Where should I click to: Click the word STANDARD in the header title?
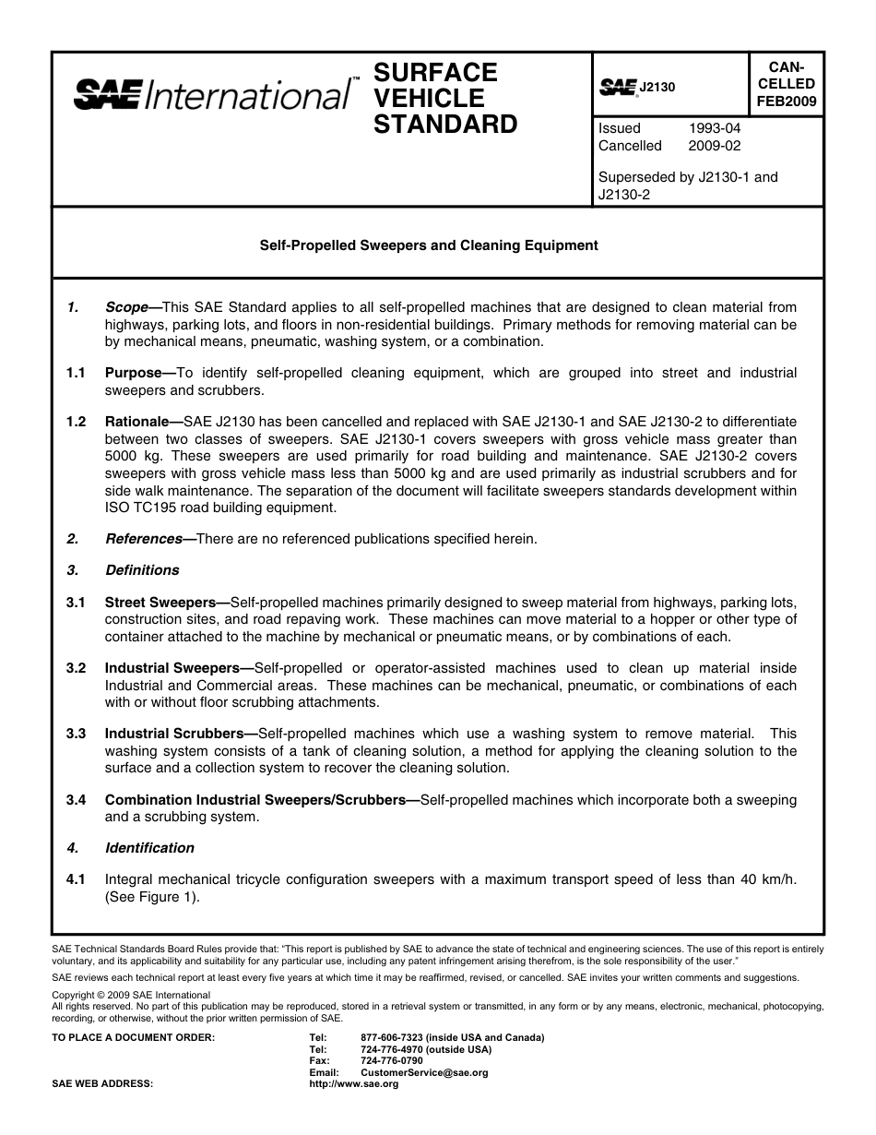[x=445, y=125]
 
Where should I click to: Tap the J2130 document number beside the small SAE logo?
[x=657, y=87]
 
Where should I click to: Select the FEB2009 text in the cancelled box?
[x=787, y=102]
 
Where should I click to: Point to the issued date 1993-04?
[x=714, y=128]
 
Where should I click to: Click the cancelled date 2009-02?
[x=714, y=146]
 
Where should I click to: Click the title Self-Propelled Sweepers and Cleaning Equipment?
[x=428, y=245]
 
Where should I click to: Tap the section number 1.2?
[x=76, y=422]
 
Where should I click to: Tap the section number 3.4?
[x=76, y=800]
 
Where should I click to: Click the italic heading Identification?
[x=149, y=848]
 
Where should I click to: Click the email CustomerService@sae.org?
[x=424, y=1073]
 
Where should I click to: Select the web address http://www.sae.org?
[x=354, y=1084]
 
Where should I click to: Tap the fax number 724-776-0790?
[x=392, y=1061]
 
